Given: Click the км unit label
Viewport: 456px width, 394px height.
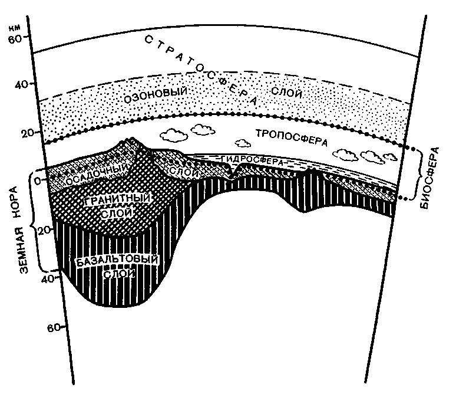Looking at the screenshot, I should click(x=23, y=27).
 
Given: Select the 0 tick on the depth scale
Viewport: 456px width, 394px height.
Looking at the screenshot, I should click(x=37, y=180).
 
